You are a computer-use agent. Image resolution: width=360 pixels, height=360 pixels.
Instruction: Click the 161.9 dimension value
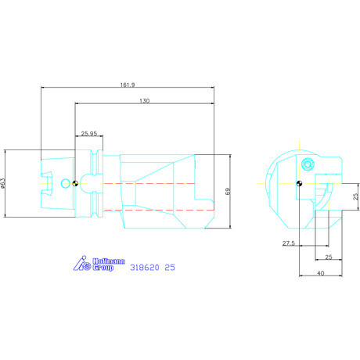(x=128, y=85)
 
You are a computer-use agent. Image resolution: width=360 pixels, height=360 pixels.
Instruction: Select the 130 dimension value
(x=145, y=101)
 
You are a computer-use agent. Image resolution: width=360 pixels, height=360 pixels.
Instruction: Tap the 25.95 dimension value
(x=89, y=134)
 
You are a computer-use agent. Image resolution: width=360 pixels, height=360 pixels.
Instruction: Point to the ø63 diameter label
(x=3, y=183)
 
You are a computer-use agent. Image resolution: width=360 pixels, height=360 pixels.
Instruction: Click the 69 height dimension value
(x=228, y=191)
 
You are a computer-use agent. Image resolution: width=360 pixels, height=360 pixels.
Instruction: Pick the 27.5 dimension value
(x=289, y=243)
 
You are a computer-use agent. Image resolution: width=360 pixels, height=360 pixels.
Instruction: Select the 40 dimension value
(x=321, y=273)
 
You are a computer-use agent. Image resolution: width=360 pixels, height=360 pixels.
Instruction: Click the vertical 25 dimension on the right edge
(x=355, y=196)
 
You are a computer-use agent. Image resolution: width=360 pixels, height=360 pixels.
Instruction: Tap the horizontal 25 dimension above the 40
(x=329, y=257)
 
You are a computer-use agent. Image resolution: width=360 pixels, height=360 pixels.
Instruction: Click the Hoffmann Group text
(x=109, y=265)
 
